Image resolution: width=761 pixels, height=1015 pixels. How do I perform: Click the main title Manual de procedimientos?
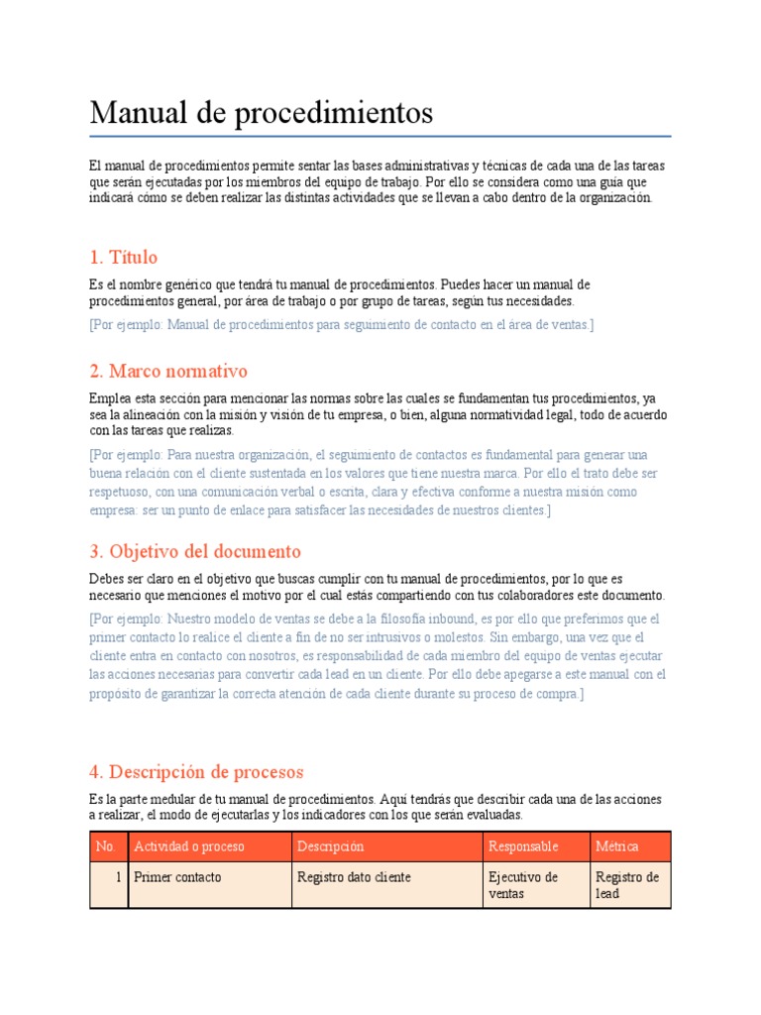click(261, 113)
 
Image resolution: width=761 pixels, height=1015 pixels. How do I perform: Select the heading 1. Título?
click(123, 258)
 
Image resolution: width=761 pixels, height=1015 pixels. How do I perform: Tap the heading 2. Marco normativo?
click(167, 372)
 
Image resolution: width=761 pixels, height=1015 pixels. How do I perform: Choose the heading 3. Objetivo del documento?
click(194, 551)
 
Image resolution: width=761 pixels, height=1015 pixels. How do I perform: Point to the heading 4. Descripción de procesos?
click(195, 771)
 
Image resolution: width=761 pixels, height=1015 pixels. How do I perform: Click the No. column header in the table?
click(106, 846)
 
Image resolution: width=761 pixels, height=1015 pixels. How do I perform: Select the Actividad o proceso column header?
click(188, 846)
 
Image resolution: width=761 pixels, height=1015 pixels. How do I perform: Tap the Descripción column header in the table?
click(330, 846)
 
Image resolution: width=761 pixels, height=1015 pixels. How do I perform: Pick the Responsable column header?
click(523, 846)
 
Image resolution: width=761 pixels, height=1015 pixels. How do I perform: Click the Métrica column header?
click(617, 846)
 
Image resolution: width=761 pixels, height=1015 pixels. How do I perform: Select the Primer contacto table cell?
click(177, 877)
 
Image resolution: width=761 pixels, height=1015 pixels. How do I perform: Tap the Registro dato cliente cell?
click(354, 877)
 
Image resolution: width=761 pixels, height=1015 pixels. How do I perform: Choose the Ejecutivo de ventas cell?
click(523, 885)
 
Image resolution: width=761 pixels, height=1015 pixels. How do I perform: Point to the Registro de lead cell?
click(627, 885)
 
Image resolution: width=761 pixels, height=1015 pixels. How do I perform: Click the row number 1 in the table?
click(118, 877)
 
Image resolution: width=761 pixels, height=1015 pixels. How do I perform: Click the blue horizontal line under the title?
click(380, 136)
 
